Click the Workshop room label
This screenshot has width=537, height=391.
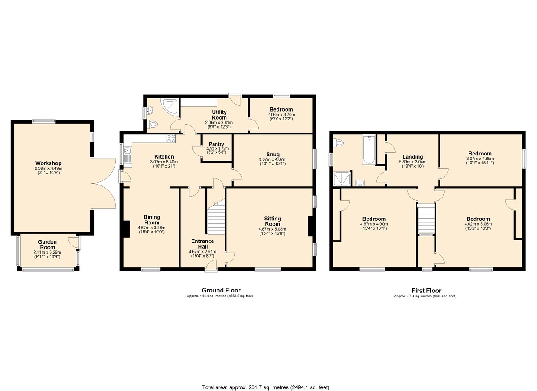point(48,163)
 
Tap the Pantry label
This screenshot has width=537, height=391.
point(216,144)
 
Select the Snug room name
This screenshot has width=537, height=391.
point(273,154)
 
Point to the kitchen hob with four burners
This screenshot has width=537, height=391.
point(171,138)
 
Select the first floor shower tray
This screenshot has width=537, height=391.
point(341,179)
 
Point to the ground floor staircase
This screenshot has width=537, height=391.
point(216,217)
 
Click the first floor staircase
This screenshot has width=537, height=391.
point(426,218)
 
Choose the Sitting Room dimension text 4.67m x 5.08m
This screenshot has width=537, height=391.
point(273,229)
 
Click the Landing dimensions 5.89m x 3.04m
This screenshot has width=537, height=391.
point(413,162)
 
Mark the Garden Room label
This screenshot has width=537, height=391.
point(47,245)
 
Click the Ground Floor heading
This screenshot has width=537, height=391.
point(221,291)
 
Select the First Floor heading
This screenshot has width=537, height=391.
point(426,291)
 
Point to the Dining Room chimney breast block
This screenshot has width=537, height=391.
point(126,229)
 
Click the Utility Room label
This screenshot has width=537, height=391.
point(219,115)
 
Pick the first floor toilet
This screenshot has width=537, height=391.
point(339,143)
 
